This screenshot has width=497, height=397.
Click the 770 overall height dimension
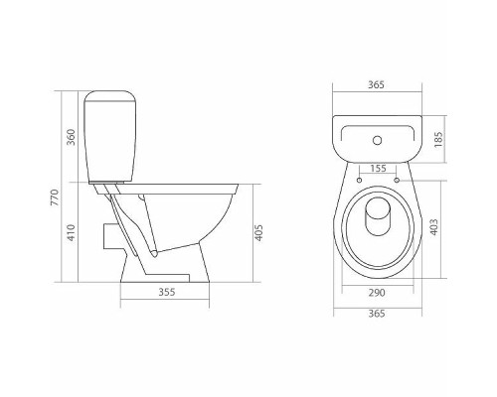click(55, 198)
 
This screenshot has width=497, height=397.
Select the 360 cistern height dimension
click(72, 137)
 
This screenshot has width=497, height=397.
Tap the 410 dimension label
click(72, 232)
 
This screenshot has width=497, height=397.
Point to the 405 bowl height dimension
click(258, 232)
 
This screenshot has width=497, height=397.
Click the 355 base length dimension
click(166, 292)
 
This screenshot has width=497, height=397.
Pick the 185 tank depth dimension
click(438, 140)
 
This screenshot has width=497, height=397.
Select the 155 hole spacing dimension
click(378, 169)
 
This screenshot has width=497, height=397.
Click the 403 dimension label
click(433, 227)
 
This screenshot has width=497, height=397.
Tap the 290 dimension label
click(377, 293)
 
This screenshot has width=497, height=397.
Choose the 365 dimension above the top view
click(377, 84)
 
